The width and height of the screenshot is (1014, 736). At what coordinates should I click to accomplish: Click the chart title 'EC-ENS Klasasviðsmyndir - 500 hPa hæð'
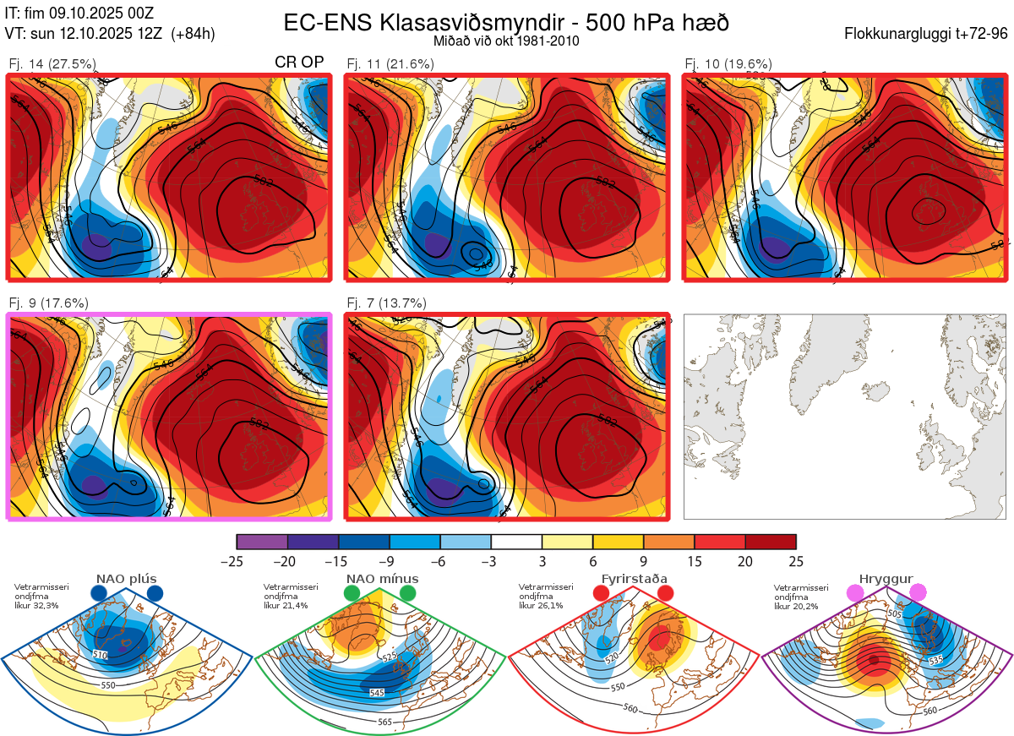(x=506, y=23)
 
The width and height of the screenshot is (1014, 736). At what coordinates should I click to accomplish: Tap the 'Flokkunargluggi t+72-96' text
(x=925, y=34)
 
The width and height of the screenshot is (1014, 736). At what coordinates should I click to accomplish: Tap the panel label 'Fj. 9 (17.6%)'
(x=48, y=303)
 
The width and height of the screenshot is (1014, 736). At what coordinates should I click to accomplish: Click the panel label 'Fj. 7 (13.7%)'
(x=386, y=303)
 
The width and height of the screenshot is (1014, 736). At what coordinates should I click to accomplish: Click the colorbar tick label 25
(x=795, y=561)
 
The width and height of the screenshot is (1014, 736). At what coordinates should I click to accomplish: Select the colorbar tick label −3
(x=490, y=561)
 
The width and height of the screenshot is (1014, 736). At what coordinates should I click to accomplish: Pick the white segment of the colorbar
(x=516, y=542)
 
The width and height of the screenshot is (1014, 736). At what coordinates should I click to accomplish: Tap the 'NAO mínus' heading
(x=382, y=580)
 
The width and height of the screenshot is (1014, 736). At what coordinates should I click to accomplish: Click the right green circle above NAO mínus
(x=409, y=593)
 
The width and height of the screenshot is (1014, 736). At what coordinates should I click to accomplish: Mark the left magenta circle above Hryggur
(x=856, y=593)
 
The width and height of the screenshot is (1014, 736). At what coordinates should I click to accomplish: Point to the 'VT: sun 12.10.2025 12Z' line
(x=110, y=34)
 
